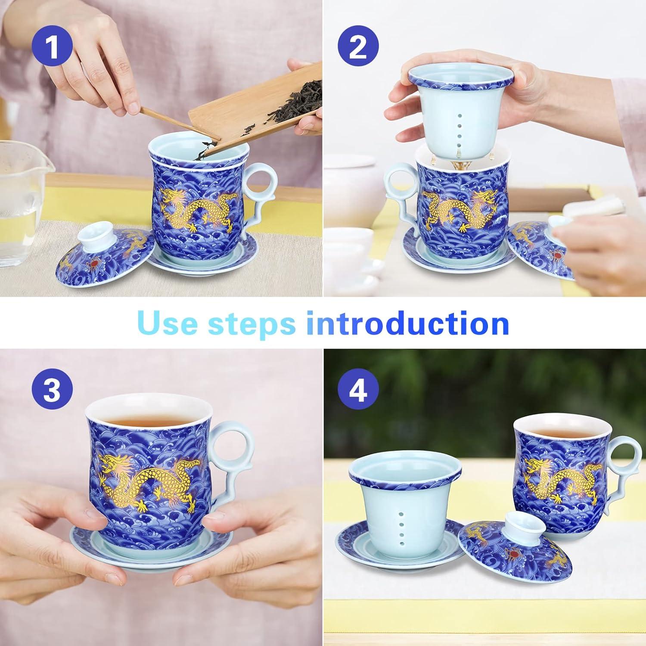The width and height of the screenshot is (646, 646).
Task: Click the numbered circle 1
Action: pos(52,48)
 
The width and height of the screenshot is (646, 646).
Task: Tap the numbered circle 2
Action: pos(358,48)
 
